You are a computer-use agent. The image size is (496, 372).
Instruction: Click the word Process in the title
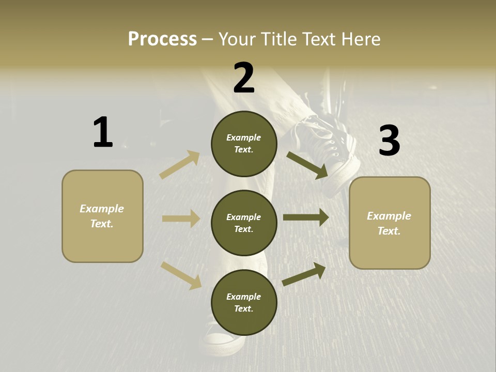(x=162, y=39)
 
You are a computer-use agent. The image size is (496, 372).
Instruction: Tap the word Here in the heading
(x=360, y=39)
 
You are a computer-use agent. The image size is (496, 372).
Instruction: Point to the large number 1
(x=103, y=133)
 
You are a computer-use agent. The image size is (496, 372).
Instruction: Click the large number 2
(x=244, y=78)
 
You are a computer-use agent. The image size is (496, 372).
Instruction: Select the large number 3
(x=389, y=141)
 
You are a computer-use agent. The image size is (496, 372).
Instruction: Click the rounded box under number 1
(x=102, y=216)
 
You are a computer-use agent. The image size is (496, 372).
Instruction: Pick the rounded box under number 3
(x=390, y=223)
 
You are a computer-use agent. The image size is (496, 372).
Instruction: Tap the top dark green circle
(x=244, y=144)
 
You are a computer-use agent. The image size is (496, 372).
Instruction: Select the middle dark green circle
(x=244, y=223)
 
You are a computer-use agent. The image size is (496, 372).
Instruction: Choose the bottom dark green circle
(x=244, y=302)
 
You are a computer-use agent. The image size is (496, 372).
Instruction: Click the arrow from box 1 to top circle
(x=180, y=165)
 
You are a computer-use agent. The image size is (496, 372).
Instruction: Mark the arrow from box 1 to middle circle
(x=181, y=219)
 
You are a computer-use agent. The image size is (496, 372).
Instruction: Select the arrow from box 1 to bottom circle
(x=181, y=275)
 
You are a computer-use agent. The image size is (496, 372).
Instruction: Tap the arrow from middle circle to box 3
(x=306, y=218)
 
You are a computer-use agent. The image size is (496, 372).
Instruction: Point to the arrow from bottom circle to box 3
(x=304, y=274)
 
